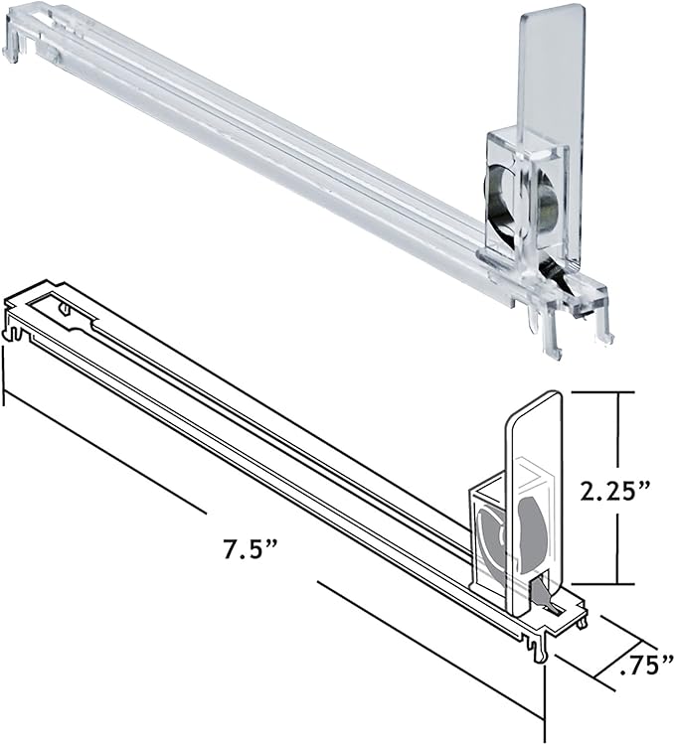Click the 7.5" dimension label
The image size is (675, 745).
tap(251, 548)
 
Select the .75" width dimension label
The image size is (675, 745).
tap(647, 665)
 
